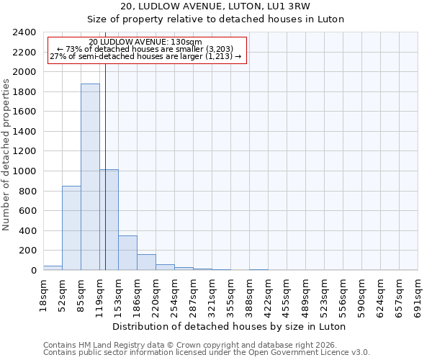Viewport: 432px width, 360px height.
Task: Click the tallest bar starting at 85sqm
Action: click(90, 177)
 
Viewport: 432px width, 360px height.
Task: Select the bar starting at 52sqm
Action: click(71, 228)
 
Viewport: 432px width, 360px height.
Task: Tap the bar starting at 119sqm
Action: click(109, 220)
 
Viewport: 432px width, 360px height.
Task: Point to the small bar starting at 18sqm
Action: click(53, 268)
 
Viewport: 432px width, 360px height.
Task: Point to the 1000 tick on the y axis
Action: click(24, 171)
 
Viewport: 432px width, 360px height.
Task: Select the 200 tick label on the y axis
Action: click(27, 251)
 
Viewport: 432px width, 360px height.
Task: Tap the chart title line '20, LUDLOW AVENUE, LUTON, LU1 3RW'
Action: click(215, 6)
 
